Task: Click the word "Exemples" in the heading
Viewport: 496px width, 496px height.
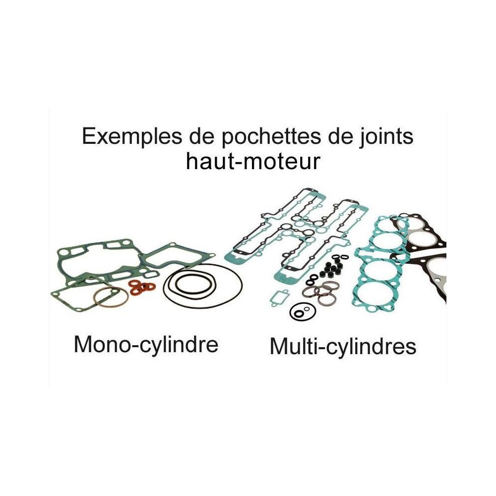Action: pos(132,136)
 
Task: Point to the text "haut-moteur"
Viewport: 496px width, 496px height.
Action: pos(253,161)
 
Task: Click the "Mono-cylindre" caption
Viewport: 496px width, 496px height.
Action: pos(146,345)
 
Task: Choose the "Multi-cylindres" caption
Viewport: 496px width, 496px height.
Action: pos(343,347)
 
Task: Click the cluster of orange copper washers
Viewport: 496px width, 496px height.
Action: pos(142,287)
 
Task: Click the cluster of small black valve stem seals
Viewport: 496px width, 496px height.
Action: pos(331,268)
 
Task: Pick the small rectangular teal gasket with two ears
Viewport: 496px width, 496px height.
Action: pos(279,297)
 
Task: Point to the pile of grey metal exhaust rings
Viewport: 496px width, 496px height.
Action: pos(320,293)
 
